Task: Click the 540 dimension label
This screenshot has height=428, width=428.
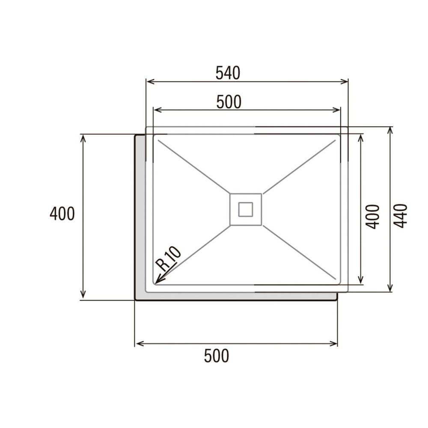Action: point(228,73)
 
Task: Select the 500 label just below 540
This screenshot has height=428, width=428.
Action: point(229,102)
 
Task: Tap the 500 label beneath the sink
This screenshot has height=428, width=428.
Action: point(217,356)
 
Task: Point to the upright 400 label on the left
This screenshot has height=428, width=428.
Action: point(62,214)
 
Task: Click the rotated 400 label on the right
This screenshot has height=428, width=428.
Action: point(373,217)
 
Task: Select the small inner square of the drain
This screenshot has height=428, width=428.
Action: point(246,209)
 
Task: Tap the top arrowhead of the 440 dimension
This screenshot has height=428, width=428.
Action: point(390,130)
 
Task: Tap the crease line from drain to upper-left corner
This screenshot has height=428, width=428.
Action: point(193,167)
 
